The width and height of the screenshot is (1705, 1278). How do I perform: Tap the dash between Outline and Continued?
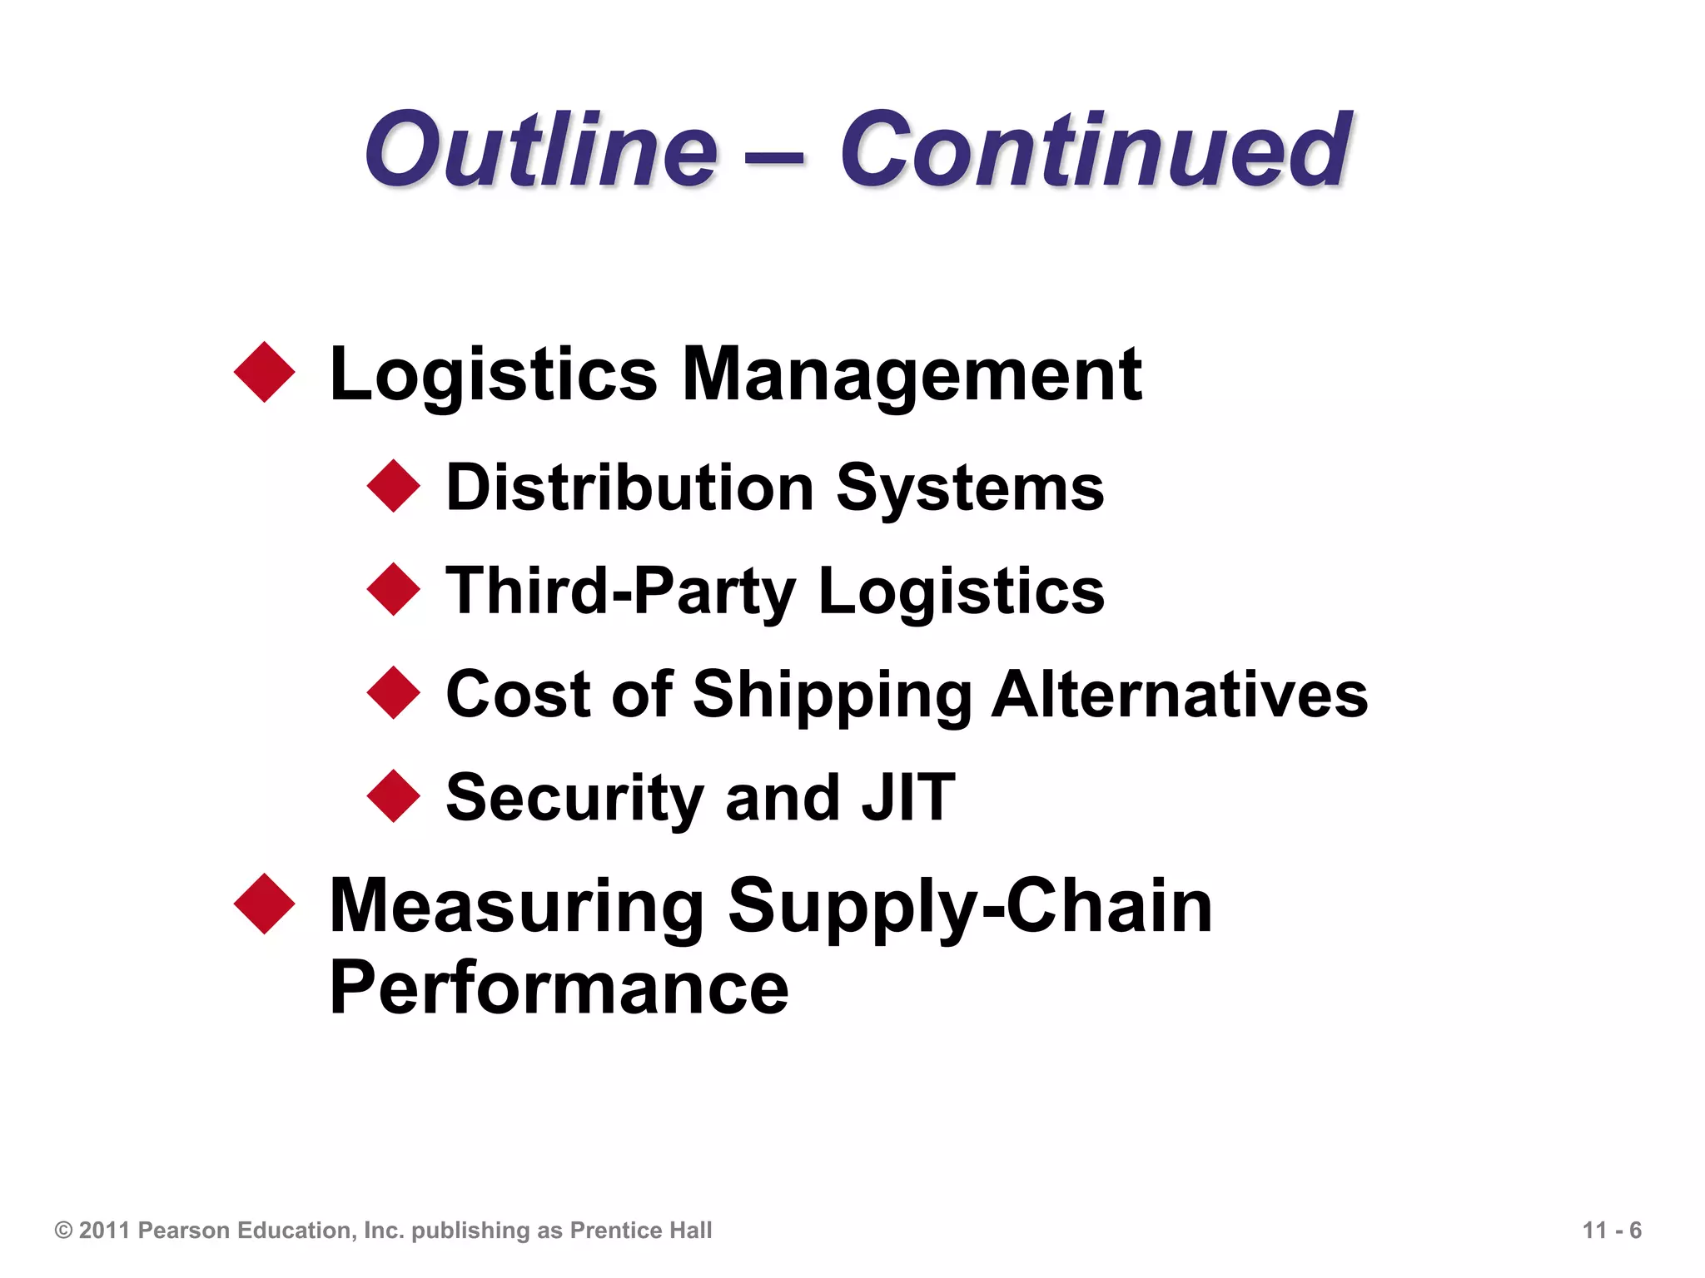click(x=778, y=156)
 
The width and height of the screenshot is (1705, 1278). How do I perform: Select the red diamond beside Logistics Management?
click(x=265, y=372)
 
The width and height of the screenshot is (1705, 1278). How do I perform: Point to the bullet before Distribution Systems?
click(x=394, y=486)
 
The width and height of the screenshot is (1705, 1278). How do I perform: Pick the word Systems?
click(x=970, y=489)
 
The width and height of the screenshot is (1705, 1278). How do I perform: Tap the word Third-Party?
click(x=621, y=592)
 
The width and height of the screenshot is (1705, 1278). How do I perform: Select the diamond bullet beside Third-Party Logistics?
click(x=394, y=589)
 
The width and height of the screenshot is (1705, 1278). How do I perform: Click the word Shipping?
click(x=832, y=696)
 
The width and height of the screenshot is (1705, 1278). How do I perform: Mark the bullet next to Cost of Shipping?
click(x=394, y=692)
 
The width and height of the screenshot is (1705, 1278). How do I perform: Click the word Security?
click(x=574, y=799)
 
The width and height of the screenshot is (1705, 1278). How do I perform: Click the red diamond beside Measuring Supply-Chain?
click(x=265, y=904)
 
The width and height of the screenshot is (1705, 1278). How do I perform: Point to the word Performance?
click(x=559, y=988)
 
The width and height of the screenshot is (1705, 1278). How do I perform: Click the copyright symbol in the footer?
click(x=63, y=1230)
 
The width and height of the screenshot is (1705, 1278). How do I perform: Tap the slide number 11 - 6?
click(x=1612, y=1230)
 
